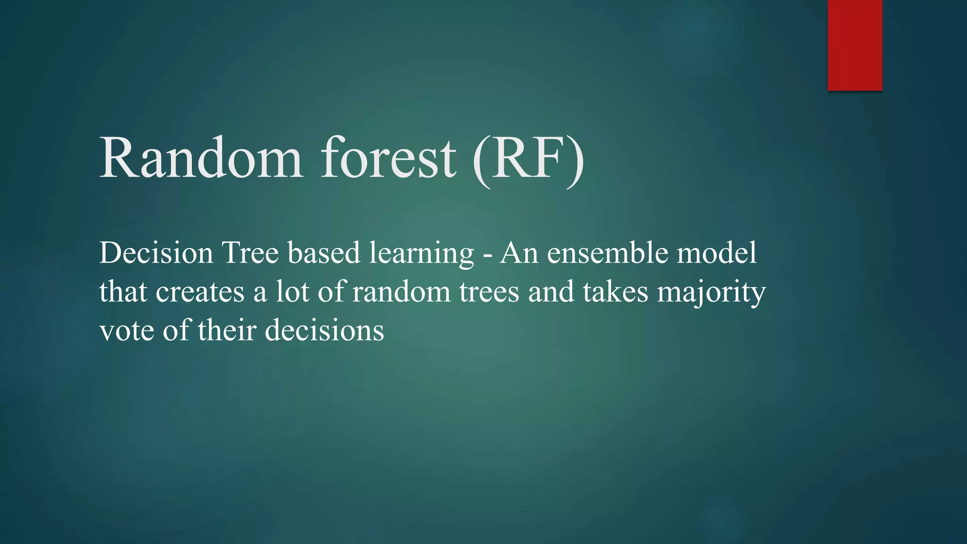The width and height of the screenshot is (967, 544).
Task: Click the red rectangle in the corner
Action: click(855, 45)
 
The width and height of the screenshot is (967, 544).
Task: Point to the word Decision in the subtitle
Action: click(156, 253)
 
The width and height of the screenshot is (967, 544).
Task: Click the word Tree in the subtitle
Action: click(250, 253)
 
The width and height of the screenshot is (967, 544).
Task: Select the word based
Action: click(324, 253)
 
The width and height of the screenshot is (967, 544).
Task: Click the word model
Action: click(717, 253)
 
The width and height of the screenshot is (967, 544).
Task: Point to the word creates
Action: click(200, 292)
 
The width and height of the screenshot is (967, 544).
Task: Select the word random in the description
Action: click(401, 292)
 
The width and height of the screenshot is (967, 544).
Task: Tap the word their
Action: click(227, 330)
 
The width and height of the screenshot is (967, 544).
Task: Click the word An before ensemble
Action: click(519, 253)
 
